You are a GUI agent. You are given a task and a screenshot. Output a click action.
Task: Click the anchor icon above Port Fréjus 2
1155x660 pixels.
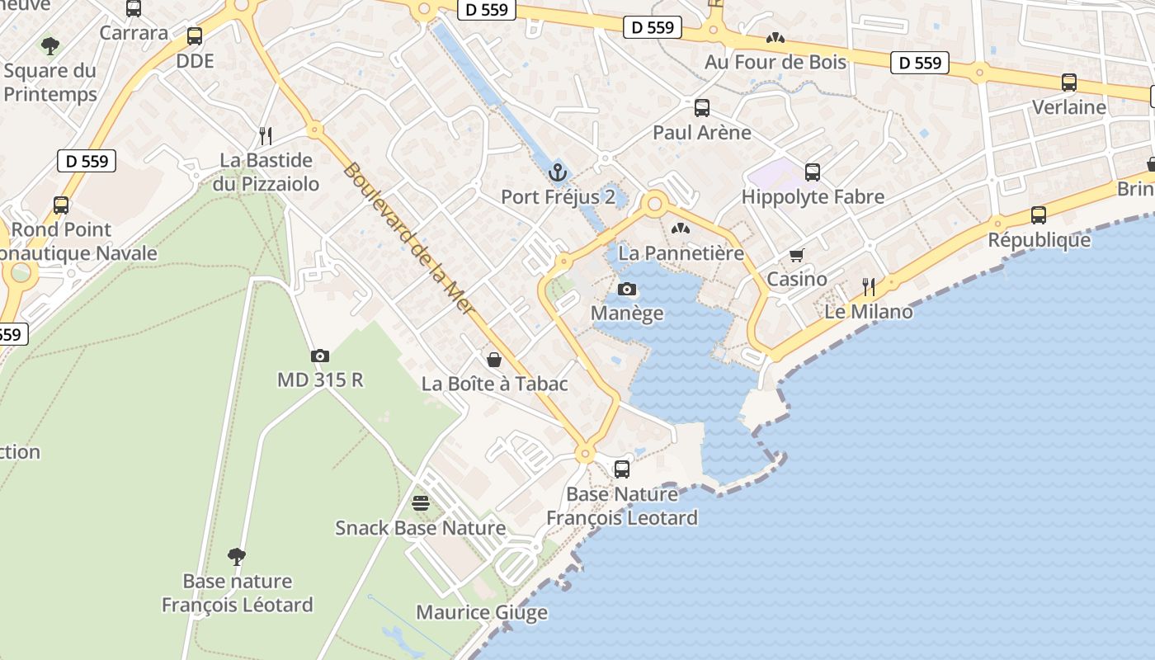[559, 173]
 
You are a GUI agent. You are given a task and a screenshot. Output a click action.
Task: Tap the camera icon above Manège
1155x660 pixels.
[627, 289]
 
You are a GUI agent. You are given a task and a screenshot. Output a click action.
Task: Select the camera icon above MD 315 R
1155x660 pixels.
[320, 356]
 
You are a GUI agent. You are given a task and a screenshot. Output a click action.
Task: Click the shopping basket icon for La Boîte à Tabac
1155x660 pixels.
[494, 359]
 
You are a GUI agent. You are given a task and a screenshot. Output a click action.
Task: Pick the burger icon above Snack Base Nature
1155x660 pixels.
[421, 502]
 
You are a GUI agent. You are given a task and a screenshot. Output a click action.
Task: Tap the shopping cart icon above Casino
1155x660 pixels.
[796, 255]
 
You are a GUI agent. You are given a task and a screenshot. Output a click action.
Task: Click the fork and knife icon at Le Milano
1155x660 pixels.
[869, 287]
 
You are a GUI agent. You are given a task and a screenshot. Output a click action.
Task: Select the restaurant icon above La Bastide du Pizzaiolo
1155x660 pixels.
[266, 135]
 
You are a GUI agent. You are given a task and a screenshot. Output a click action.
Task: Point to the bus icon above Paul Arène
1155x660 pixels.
[702, 107]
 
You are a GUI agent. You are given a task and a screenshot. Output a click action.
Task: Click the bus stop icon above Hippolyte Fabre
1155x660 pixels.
[813, 172]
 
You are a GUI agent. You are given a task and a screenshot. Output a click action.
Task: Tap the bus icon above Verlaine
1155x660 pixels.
[1069, 82]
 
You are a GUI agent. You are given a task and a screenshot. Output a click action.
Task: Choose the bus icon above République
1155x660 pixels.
[1039, 215]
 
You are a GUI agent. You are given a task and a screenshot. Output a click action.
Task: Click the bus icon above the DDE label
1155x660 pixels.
[195, 36]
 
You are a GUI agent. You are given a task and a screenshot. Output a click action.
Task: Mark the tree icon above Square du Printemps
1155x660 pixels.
[50, 45]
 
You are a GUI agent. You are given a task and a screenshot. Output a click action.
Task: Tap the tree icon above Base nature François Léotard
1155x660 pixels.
[237, 556]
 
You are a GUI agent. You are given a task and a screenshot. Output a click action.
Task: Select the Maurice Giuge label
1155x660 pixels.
[482, 612]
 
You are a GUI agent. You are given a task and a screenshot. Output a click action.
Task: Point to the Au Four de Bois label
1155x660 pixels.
[775, 62]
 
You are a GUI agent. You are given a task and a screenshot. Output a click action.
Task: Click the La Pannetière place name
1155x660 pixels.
[681, 252]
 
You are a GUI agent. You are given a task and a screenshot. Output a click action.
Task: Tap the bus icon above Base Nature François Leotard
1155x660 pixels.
[622, 469]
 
